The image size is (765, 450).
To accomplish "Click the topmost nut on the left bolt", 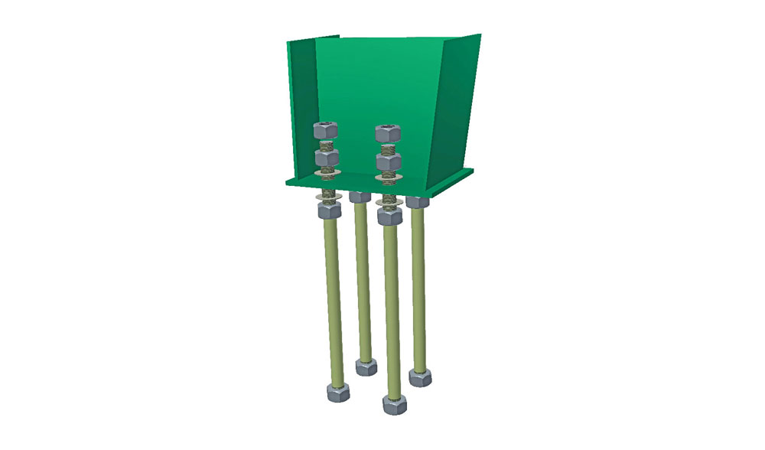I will click(x=326, y=129).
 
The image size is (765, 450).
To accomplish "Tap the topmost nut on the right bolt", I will click(x=389, y=132).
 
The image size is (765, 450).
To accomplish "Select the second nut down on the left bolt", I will click(x=327, y=158).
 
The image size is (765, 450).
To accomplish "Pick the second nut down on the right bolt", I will click(x=389, y=162).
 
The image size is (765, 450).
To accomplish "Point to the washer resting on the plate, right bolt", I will click(x=389, y=180).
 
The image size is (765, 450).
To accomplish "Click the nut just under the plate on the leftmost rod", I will click(x=328, y=210).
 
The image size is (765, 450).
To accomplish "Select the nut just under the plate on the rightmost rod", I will click(x=417, y=202).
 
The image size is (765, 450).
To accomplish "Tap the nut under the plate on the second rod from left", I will click(x=360, y=197).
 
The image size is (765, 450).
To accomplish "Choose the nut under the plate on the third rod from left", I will click(x=389, y=217).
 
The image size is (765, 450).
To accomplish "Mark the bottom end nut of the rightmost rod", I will click(x=420, y=377).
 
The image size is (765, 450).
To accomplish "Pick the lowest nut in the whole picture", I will click(x=395, y=404).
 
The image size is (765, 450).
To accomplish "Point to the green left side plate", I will click(x=303, y=107).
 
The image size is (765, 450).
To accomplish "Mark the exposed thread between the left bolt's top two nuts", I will click(x=327, y=144).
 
